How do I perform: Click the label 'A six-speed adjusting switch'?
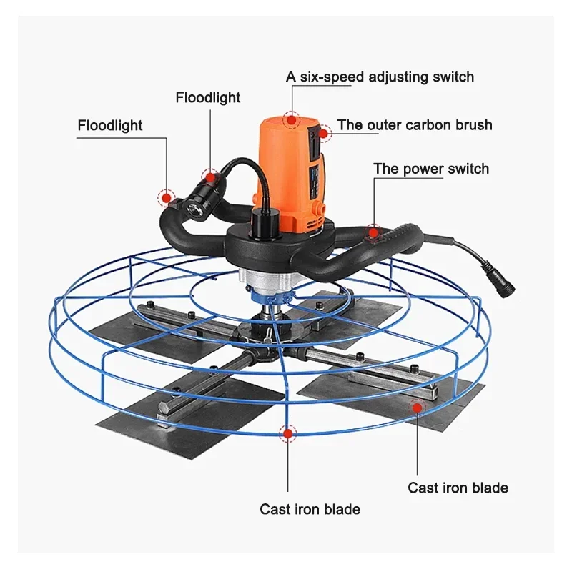click(380, 77)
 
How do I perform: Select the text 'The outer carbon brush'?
click(415, 125)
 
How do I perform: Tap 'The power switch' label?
click(431, 169)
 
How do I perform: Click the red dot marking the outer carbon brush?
click(325, 132)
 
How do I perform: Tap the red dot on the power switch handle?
click(373, 231)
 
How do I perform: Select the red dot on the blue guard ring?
click(287, 432)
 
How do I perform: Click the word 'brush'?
click(473, 125)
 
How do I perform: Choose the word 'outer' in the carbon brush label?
click(380, 125)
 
